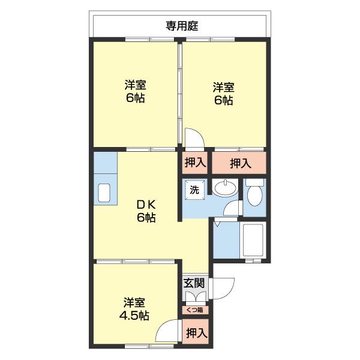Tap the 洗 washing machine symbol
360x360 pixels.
click(194, 190)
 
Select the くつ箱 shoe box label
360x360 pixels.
click(194, 310)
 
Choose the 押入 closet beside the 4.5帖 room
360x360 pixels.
click(196, 332)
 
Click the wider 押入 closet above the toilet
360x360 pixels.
click(240, 162)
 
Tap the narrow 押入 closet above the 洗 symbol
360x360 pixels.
click(194, 162)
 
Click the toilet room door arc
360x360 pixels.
click(233, 208)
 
